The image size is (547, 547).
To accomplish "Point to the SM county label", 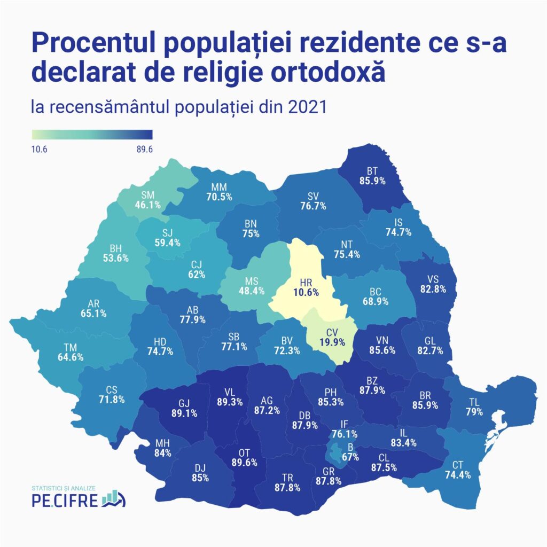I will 148,195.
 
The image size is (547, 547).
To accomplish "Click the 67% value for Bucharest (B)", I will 351,457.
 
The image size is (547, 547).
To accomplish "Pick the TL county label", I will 474,402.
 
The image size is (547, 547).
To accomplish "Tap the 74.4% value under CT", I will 458,475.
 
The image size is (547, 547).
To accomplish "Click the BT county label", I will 372,171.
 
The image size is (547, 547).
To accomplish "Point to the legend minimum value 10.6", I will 40,150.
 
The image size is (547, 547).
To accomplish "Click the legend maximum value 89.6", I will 144,150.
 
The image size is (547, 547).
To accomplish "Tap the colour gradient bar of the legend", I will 92,134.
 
